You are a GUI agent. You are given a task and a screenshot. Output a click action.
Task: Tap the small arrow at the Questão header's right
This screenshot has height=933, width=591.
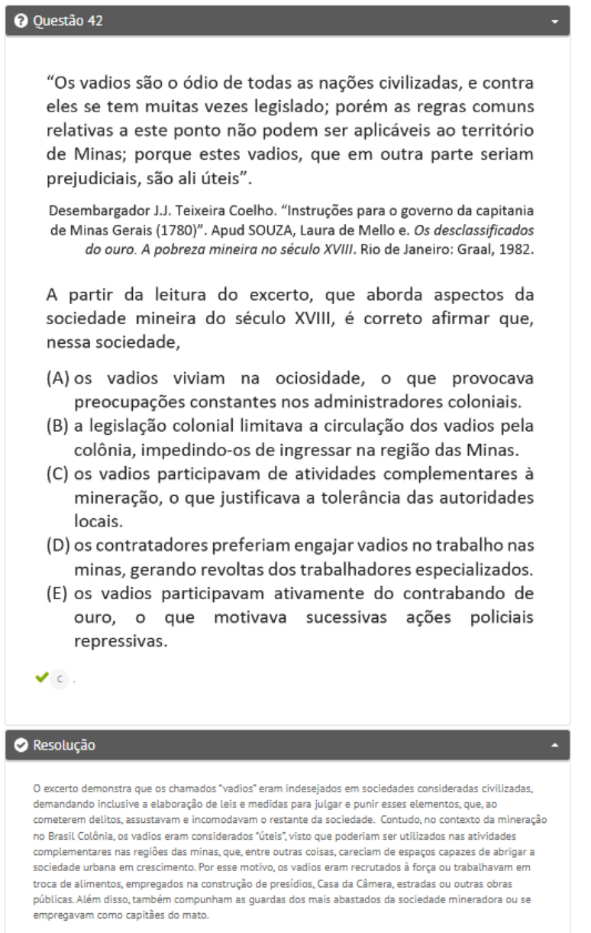click(x=555, y=22)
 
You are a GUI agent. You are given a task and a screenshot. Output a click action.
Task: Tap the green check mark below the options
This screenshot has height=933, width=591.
click(x=40, y=677)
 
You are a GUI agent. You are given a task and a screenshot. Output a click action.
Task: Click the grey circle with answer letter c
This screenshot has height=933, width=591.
click(x=60, y=678)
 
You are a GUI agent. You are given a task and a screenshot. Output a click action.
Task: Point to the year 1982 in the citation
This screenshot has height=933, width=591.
click(x=518, y=248)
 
